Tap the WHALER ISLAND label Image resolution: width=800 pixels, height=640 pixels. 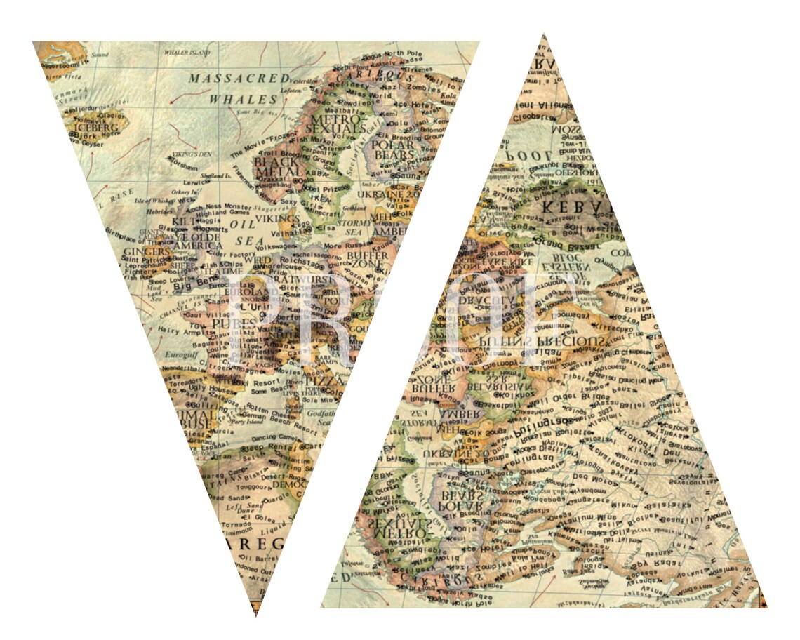pos(187,53)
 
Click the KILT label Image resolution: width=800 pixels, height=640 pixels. pos(185,221)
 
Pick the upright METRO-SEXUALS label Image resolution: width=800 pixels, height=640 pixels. pos(338,124)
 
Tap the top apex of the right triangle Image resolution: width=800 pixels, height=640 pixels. pos(543,35)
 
